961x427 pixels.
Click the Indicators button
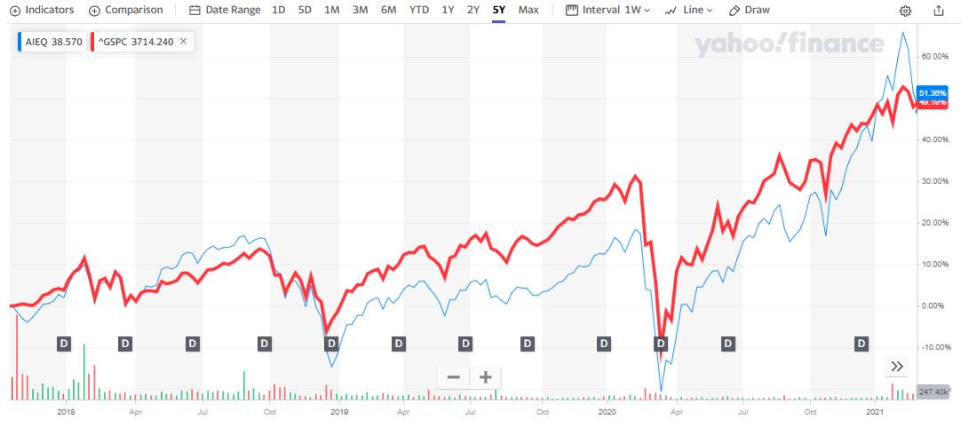pos(42,10)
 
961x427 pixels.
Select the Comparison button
pos(126,10)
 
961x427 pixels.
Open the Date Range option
pos(226,10)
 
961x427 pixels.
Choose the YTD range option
pos(418,10)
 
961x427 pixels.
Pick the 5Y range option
pos(498,10)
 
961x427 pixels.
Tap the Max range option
pos(528,10)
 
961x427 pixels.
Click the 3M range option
pos(360,10)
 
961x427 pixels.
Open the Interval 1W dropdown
pos(608,10)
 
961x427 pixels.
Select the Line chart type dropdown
pos(689,10)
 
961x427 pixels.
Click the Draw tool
pos(749,10)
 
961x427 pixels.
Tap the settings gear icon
pos(905,11)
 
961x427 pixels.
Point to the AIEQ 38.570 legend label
pos(54,42)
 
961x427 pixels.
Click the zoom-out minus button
pos(453,376)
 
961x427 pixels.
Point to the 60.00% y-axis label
pos(934,56)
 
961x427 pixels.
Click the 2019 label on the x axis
pos(338,412)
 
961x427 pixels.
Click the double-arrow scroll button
pos(897,366)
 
